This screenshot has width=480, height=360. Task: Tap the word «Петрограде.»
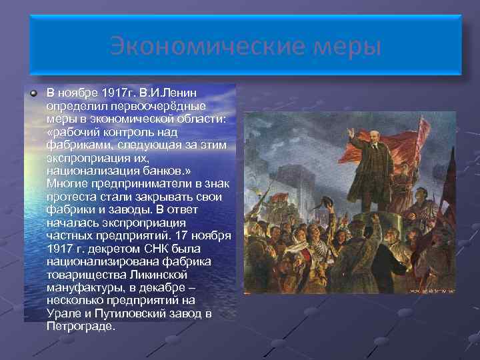[x=81, y=327]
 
